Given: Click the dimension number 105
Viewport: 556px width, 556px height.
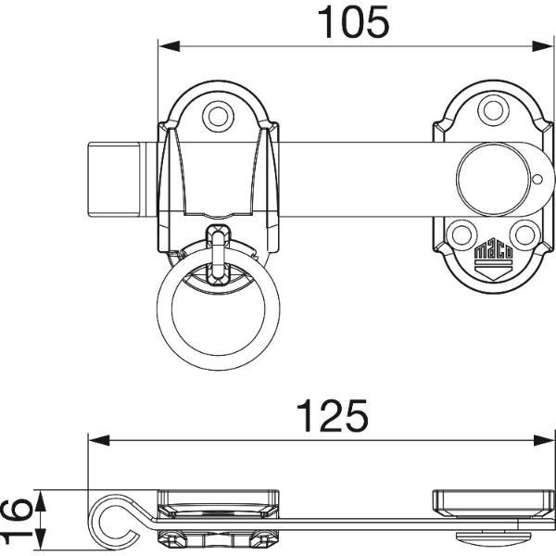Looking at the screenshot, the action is tap(353, 22).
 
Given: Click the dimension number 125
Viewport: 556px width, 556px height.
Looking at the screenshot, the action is tap(333, 416).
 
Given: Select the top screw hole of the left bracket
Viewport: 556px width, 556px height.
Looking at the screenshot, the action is tap(218, 117).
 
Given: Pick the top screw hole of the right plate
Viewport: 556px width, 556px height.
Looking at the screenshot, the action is tap(493, 110).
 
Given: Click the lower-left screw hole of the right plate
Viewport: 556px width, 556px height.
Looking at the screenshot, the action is tap(462, 234).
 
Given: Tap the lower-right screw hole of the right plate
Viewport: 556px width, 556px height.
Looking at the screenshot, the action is tap(525, 234).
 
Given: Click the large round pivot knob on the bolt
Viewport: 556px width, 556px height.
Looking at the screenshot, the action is tap(494, 179).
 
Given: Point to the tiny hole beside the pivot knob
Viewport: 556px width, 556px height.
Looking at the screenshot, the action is tap(537, 180).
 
